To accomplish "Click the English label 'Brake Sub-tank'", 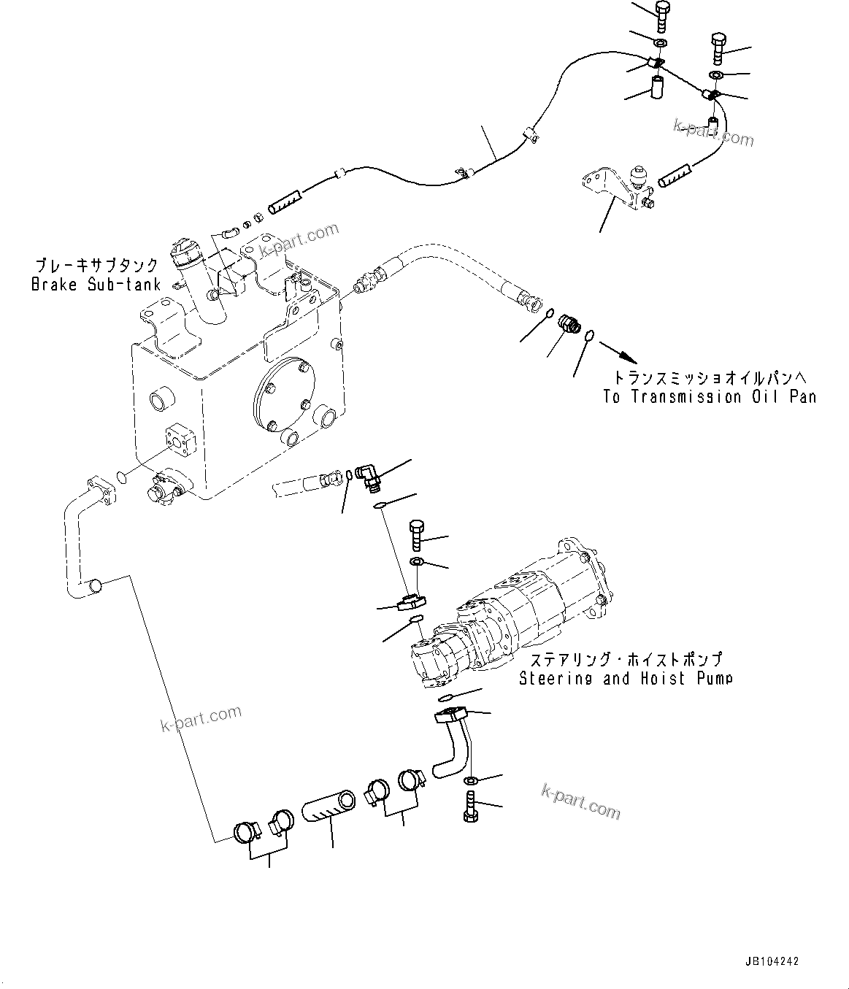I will click(96, 285).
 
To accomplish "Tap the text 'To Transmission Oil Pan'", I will click(709, 397).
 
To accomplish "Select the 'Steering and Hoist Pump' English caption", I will click(626, 679).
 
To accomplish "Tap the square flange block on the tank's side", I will click(180, 441).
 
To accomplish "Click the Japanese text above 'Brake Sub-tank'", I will click(96, 266).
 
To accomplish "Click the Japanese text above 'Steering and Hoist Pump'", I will click(626, 660).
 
